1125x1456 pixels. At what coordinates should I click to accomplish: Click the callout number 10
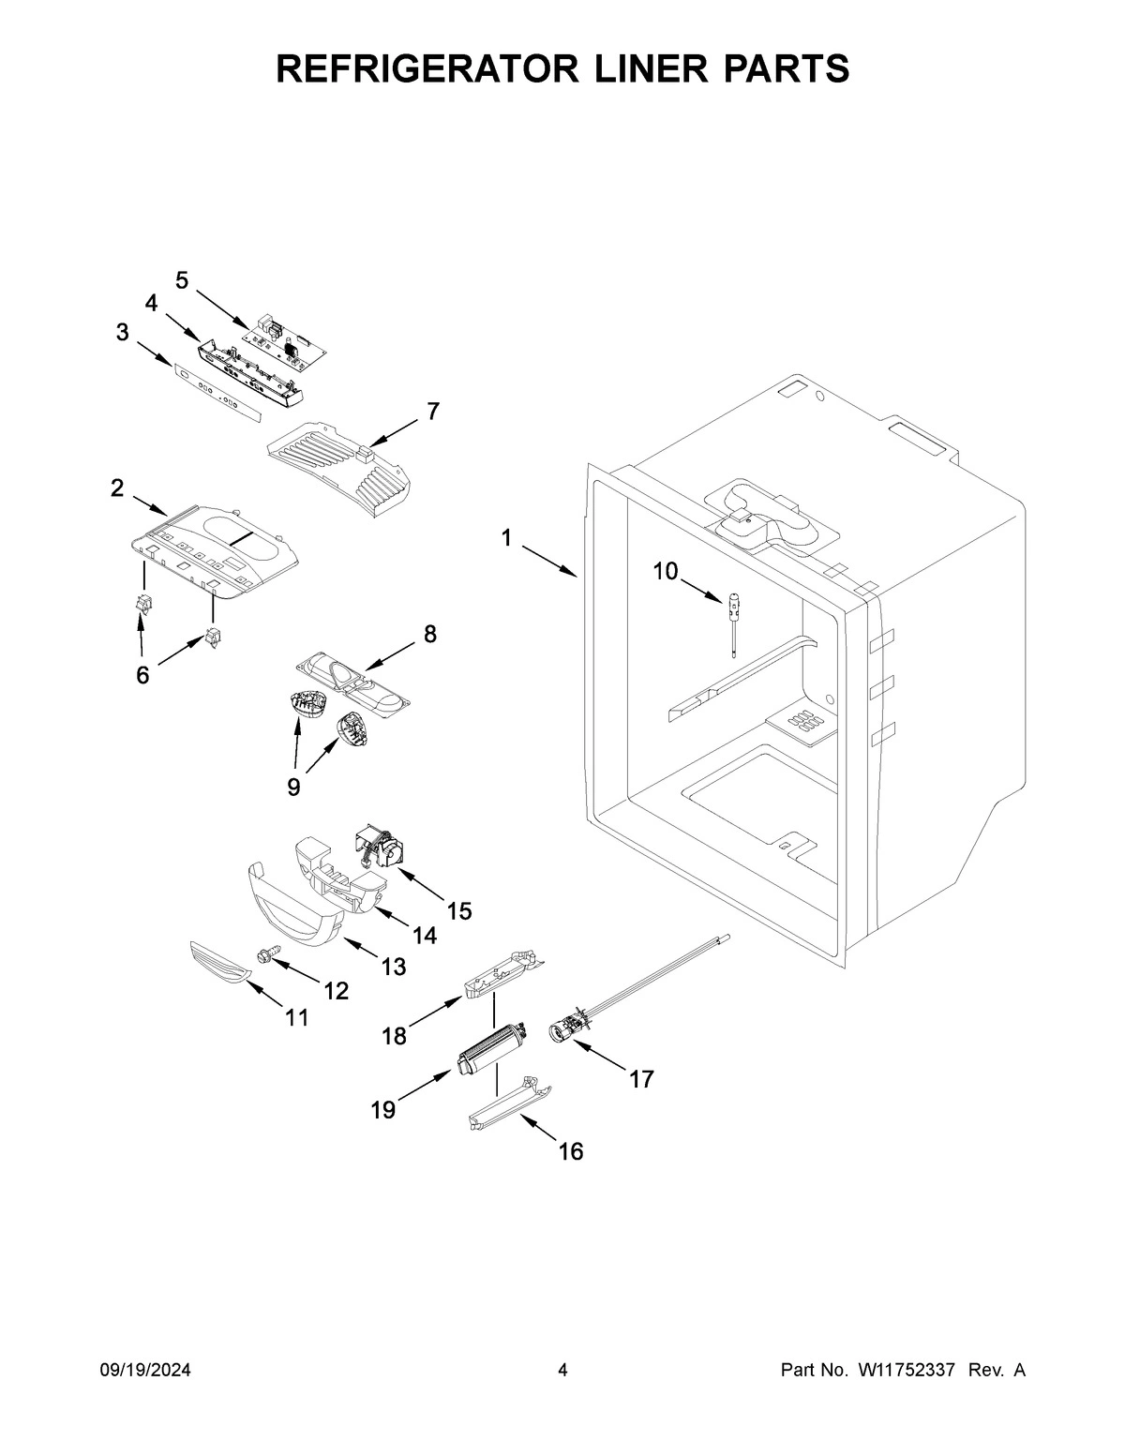(x=665, y=571)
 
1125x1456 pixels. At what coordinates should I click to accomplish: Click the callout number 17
(x=640, y=1079)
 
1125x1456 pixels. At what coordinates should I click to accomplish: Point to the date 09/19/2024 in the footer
(x=145, y=1371)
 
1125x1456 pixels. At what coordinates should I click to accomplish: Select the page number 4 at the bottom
(x=562, y=1371)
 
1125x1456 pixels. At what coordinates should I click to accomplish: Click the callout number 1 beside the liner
(x=506, y=538)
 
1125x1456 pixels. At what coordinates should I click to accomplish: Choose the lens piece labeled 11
(x=221, y=964)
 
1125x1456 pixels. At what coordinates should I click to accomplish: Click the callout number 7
(x=432, y=411)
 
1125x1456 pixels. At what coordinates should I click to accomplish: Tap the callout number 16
(x=570, y=1150)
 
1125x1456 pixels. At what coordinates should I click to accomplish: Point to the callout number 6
(x=142, y=674)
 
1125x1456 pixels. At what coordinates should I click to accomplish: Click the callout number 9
(x=293, y=786)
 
